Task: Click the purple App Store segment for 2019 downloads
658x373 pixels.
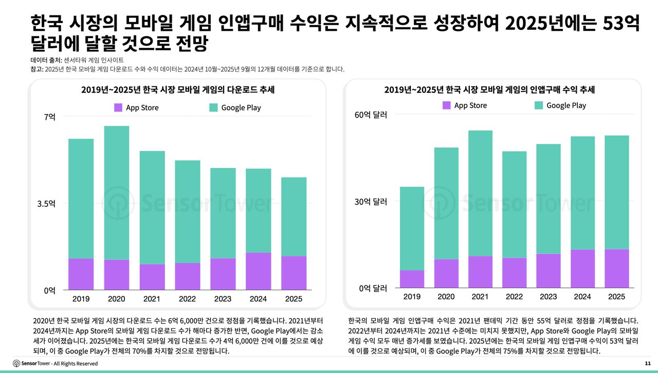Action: pos(81,274)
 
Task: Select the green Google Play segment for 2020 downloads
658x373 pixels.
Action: pos(116,193)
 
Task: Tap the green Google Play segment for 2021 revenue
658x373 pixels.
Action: pos(480,193)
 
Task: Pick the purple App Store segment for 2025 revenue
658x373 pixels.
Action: pos(616,268)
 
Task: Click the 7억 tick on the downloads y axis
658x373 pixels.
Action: pos(49,117)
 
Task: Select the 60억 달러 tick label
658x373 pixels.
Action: pos(371,115)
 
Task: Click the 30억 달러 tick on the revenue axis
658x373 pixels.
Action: pos(371,201)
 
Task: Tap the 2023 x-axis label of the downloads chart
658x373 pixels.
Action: pos(223,299)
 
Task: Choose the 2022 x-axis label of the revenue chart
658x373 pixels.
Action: pos(514,296)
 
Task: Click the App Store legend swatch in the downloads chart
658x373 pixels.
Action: pos(118,107)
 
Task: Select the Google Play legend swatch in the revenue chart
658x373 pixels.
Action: pos(539,105)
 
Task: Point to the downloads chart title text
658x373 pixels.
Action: pos(178,90)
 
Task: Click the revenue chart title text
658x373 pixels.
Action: pos(489,90)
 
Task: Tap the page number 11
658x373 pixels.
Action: pos(647,363)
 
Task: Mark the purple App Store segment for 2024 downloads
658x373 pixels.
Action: pos(259,271)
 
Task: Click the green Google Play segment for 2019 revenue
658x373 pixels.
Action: pos(412,228)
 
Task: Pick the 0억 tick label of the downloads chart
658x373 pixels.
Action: pos(49,290)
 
